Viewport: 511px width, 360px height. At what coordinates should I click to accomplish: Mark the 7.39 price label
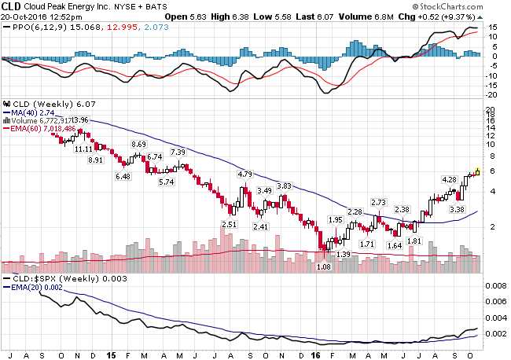click(178, 152)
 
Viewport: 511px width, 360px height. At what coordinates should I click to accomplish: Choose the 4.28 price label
click(449, 179)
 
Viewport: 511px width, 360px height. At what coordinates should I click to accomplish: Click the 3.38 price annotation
click(456, 209)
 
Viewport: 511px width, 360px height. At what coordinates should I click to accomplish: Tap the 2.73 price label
click(379, 202)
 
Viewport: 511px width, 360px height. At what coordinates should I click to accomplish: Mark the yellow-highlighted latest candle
click(476, 171)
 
